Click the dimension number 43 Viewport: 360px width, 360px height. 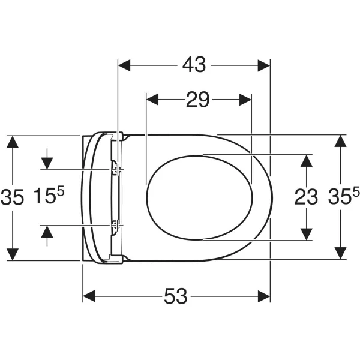[194, 65]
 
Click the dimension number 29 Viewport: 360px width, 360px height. [197, 100]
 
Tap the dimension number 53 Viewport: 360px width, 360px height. [176, 296]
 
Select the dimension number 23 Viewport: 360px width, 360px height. [306, 197]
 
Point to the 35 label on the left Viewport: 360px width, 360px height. [12, 197]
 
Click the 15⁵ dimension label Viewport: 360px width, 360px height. [49, 196]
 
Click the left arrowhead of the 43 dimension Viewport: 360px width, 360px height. [124, 65]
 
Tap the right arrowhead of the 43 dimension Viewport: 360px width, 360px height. [264, 65]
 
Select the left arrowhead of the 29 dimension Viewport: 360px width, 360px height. [152, 100]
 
